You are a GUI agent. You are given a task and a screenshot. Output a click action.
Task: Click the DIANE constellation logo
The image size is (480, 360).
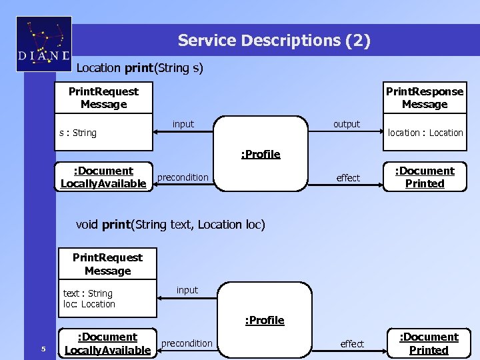coord(43,44)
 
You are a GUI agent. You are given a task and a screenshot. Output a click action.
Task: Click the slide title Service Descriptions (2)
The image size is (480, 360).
coord(273,41)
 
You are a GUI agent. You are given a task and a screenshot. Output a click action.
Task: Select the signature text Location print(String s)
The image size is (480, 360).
coord(140,68)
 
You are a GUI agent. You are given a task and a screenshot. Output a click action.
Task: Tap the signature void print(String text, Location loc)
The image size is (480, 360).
coord(171,225)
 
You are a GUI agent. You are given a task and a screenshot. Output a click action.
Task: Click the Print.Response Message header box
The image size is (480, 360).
coord(424,98)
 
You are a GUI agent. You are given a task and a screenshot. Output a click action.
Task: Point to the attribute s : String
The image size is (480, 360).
coord(77,133)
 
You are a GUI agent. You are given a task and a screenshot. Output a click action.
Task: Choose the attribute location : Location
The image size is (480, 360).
coord(425,133)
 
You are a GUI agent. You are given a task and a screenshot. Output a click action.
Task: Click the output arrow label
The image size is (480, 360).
coord(346,124)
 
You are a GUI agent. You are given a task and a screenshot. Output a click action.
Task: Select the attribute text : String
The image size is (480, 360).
coord(88,293)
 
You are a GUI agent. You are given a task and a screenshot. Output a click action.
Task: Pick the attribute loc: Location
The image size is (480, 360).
coord(89,304)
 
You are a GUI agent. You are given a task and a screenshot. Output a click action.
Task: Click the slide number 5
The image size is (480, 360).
coord(43,349)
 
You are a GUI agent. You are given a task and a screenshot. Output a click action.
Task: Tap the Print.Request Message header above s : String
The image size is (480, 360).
coord(103,98)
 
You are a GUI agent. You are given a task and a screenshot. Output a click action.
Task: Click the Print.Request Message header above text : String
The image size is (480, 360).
coord(107,264)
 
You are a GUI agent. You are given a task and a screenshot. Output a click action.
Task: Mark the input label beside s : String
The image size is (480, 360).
coord(183,124)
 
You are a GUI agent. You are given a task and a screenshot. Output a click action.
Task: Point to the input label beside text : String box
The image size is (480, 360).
coord(187,290)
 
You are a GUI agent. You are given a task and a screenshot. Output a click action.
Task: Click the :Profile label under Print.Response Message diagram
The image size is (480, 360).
coord(261,154)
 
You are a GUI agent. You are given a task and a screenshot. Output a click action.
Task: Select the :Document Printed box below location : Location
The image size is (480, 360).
coord(425,177)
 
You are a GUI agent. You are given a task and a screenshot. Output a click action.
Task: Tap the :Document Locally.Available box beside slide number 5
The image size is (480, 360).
coord(107,343)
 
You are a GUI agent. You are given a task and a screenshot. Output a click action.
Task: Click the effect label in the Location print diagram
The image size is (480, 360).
coord(348,178)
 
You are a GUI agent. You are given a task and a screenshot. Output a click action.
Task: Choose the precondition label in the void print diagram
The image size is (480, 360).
coord(187,343)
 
